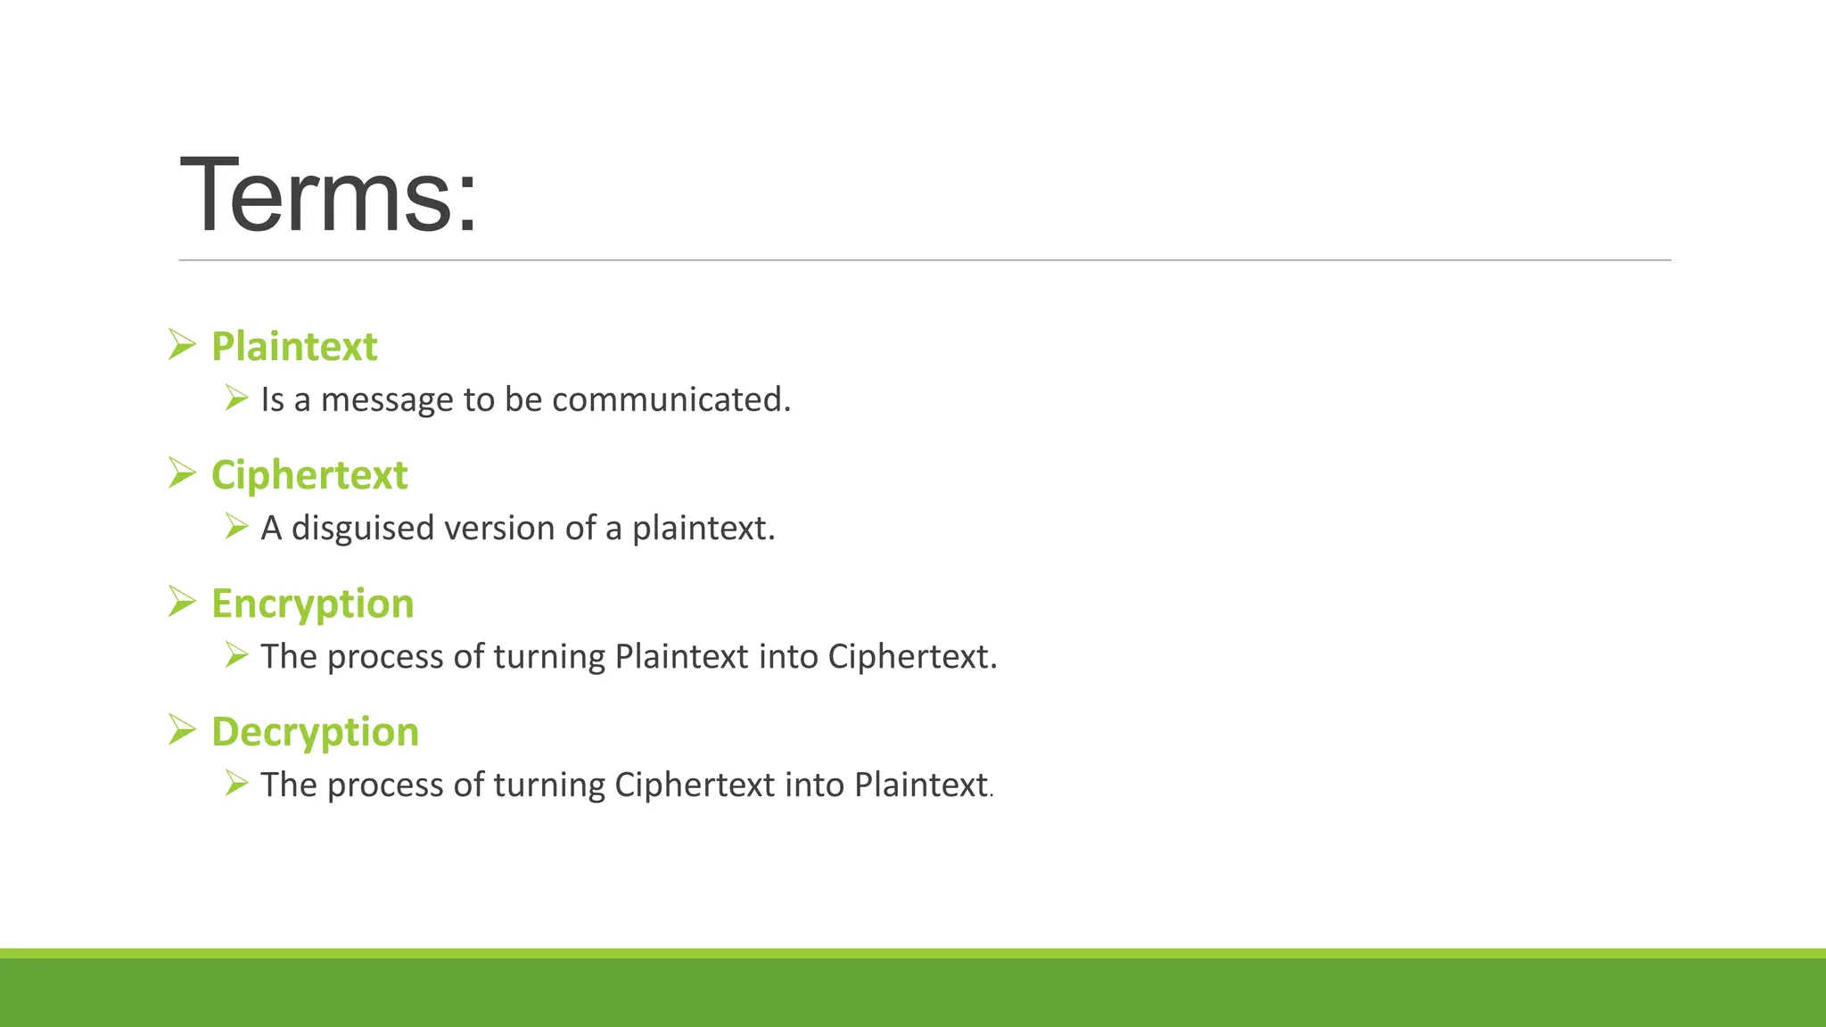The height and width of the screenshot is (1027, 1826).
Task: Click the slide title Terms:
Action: tap(328, 195)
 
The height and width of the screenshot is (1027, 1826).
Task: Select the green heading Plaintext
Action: tap(294, 346)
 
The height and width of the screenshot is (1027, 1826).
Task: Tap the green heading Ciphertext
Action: tap(309, 474)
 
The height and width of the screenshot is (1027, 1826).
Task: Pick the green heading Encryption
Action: tap(313, 604)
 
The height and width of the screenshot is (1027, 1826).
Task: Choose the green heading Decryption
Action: tap(315, 732)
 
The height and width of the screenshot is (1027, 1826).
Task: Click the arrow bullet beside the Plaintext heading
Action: tap(182, 344)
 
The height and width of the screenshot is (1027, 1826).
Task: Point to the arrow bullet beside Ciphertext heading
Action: tap(182, 472)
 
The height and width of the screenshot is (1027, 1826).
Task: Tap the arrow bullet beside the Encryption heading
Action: tap(182, 602)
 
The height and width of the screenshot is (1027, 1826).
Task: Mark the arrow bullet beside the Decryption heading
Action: tap(182, 730)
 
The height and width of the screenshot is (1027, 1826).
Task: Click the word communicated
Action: tap(670, 399)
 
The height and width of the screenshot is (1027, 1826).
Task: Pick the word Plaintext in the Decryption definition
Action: tap(921, 785)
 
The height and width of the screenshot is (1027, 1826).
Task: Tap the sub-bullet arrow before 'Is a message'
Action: tap(236, 398)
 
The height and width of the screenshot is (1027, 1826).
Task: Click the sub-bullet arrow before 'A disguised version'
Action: tap(236, 526)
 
